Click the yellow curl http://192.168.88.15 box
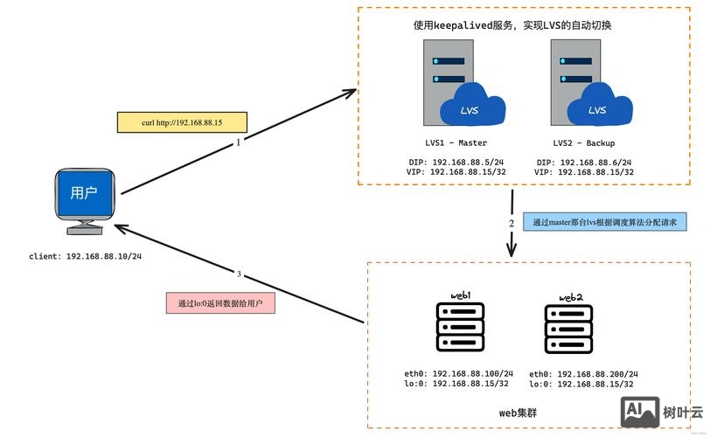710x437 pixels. pos(181,122)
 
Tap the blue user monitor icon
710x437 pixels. pos(84,198)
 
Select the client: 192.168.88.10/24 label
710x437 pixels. pos(85,257)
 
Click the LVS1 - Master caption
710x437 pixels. pos(450,142)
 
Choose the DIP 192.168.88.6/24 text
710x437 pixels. pos(584,162)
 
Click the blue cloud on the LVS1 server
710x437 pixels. pos(471,108)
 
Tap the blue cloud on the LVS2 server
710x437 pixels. pos(598,108)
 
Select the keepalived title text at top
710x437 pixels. pos(512,26)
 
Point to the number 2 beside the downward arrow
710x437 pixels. pos(512,224)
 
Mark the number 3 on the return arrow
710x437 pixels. pos(239,274)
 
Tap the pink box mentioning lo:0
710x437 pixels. pos(220,303)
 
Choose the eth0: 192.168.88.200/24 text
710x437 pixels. pos(584,373)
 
